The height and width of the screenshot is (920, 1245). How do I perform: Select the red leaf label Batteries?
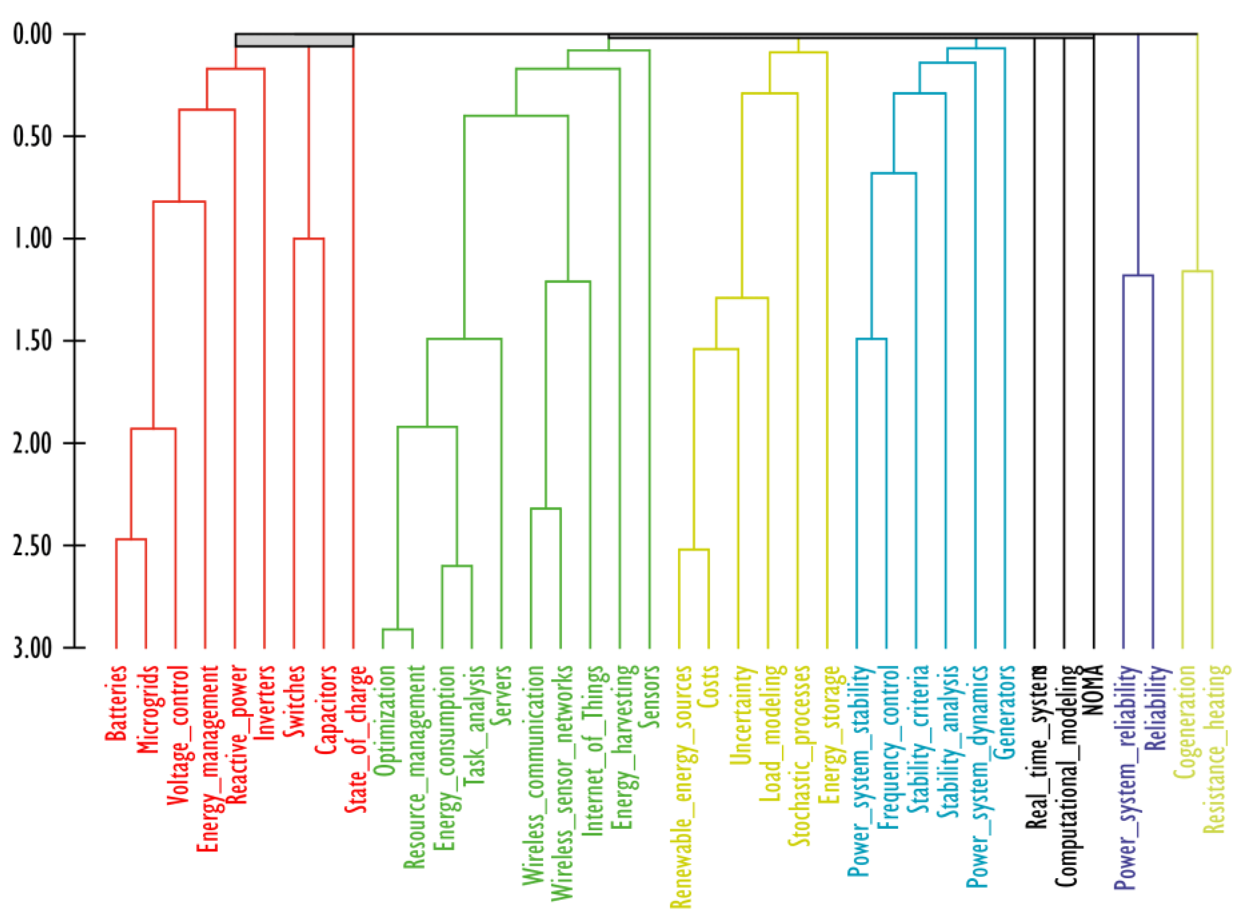coord(116,703)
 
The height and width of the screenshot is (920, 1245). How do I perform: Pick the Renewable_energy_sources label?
coord(680,785)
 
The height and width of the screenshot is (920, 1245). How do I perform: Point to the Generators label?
coord(1005,712)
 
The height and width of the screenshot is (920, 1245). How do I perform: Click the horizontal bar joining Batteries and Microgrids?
coord(131,539)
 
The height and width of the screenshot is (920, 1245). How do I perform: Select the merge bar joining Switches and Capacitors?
coord(308,239)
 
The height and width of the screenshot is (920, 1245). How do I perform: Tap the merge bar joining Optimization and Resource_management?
coord(397,629)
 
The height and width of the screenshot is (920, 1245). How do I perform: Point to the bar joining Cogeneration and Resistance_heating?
coord(1197,271)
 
